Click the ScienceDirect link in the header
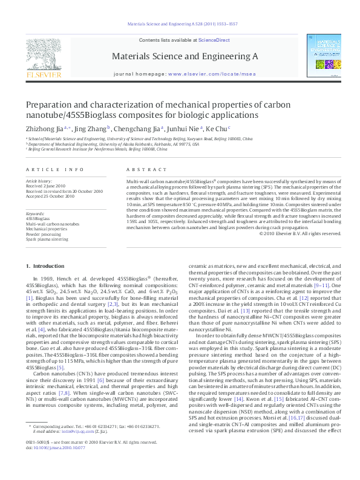click(x=214, y=40)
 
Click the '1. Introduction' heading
click(x=45, y=267)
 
